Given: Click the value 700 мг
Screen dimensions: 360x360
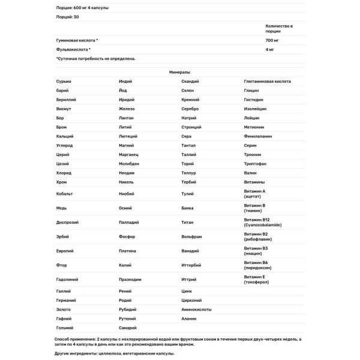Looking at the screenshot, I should pos(272,40).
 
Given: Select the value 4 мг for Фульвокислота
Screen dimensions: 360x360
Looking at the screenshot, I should pos(270,49).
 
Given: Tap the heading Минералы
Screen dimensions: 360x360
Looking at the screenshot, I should pos(179,71).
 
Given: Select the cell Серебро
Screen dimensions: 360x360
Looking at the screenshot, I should pos(191,109).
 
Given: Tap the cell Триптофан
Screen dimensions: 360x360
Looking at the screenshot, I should pos(256,164).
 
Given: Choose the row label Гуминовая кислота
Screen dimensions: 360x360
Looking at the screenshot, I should pos(76,40).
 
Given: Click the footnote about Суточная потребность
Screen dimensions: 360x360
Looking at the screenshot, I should pos(96,59).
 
